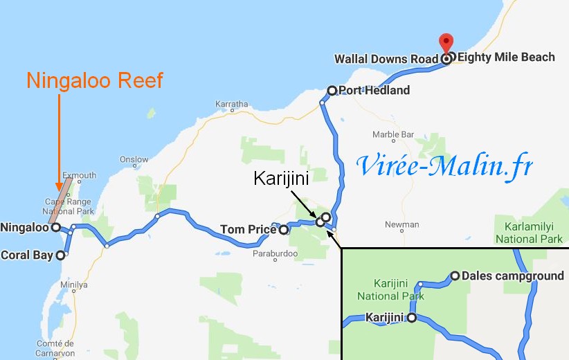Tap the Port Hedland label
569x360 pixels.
(x=374, y=90)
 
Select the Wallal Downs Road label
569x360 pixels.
(x=386, y=59)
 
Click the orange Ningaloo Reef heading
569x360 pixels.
(x=95, y=80)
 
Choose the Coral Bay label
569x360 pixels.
(x=27, y=255)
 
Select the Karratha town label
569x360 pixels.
(x=232, y=105)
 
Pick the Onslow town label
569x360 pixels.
(x=134, y=159)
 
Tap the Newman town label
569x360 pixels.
(x=402, y=224)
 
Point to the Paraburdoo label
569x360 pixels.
(x=275, y=253)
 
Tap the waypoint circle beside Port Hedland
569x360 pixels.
(x=332, y=90)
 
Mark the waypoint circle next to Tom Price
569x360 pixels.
(x=283, y=230)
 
